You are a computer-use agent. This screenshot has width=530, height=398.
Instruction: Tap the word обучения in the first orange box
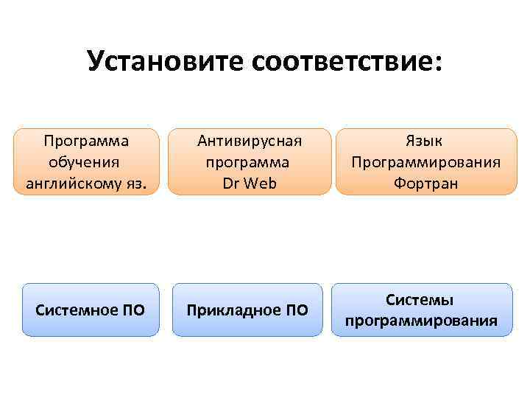point(85,161)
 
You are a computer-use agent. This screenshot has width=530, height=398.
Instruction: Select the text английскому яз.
point(86,184)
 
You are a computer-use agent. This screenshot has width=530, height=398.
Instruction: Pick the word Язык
point(425,140)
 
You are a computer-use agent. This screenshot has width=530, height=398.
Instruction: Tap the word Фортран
point(425,184)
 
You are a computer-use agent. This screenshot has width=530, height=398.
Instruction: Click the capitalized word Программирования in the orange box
point(425,161)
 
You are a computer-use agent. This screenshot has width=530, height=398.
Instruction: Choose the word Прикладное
point(231,310)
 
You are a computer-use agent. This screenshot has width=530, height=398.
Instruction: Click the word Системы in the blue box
point(420,299)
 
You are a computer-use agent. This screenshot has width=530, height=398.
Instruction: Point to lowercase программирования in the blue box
point(420,321)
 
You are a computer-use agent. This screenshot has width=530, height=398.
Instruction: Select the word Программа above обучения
point(85,140)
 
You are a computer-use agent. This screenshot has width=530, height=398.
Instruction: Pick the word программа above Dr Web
point(249,161)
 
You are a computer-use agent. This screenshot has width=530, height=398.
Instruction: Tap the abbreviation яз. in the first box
point(146,184)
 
